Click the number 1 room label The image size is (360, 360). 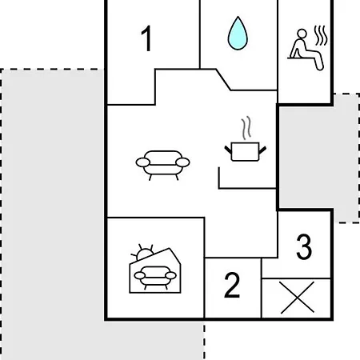click(146, 38)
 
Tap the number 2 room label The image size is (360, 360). click(232, 285)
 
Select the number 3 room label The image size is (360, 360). click(304, 246)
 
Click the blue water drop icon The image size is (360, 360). click(238, 33)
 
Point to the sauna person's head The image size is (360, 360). click(302, 34)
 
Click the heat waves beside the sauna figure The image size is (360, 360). click(321, 35)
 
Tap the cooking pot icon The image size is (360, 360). click(246, 152)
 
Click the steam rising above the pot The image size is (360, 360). click(246, 128)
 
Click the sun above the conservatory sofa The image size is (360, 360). click(143, 252)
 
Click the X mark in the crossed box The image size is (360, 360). click(298, 298)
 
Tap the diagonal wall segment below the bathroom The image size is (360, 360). click(223, 80)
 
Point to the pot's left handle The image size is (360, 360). click(228, 150)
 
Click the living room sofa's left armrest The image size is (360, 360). click(143, 162)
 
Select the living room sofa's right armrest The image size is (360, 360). click(182, 162)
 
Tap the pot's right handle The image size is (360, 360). click(262, 150)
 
